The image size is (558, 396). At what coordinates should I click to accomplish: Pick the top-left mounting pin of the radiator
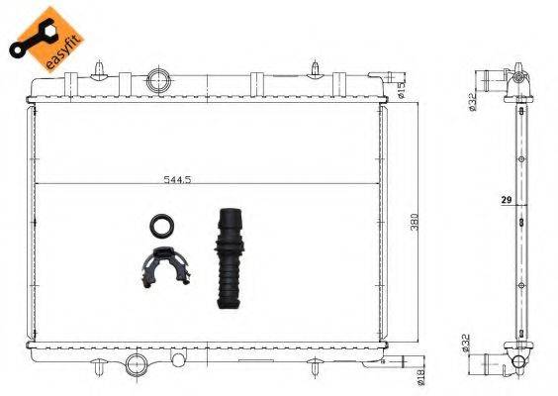101,68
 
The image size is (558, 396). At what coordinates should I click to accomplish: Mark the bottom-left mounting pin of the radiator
101,371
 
